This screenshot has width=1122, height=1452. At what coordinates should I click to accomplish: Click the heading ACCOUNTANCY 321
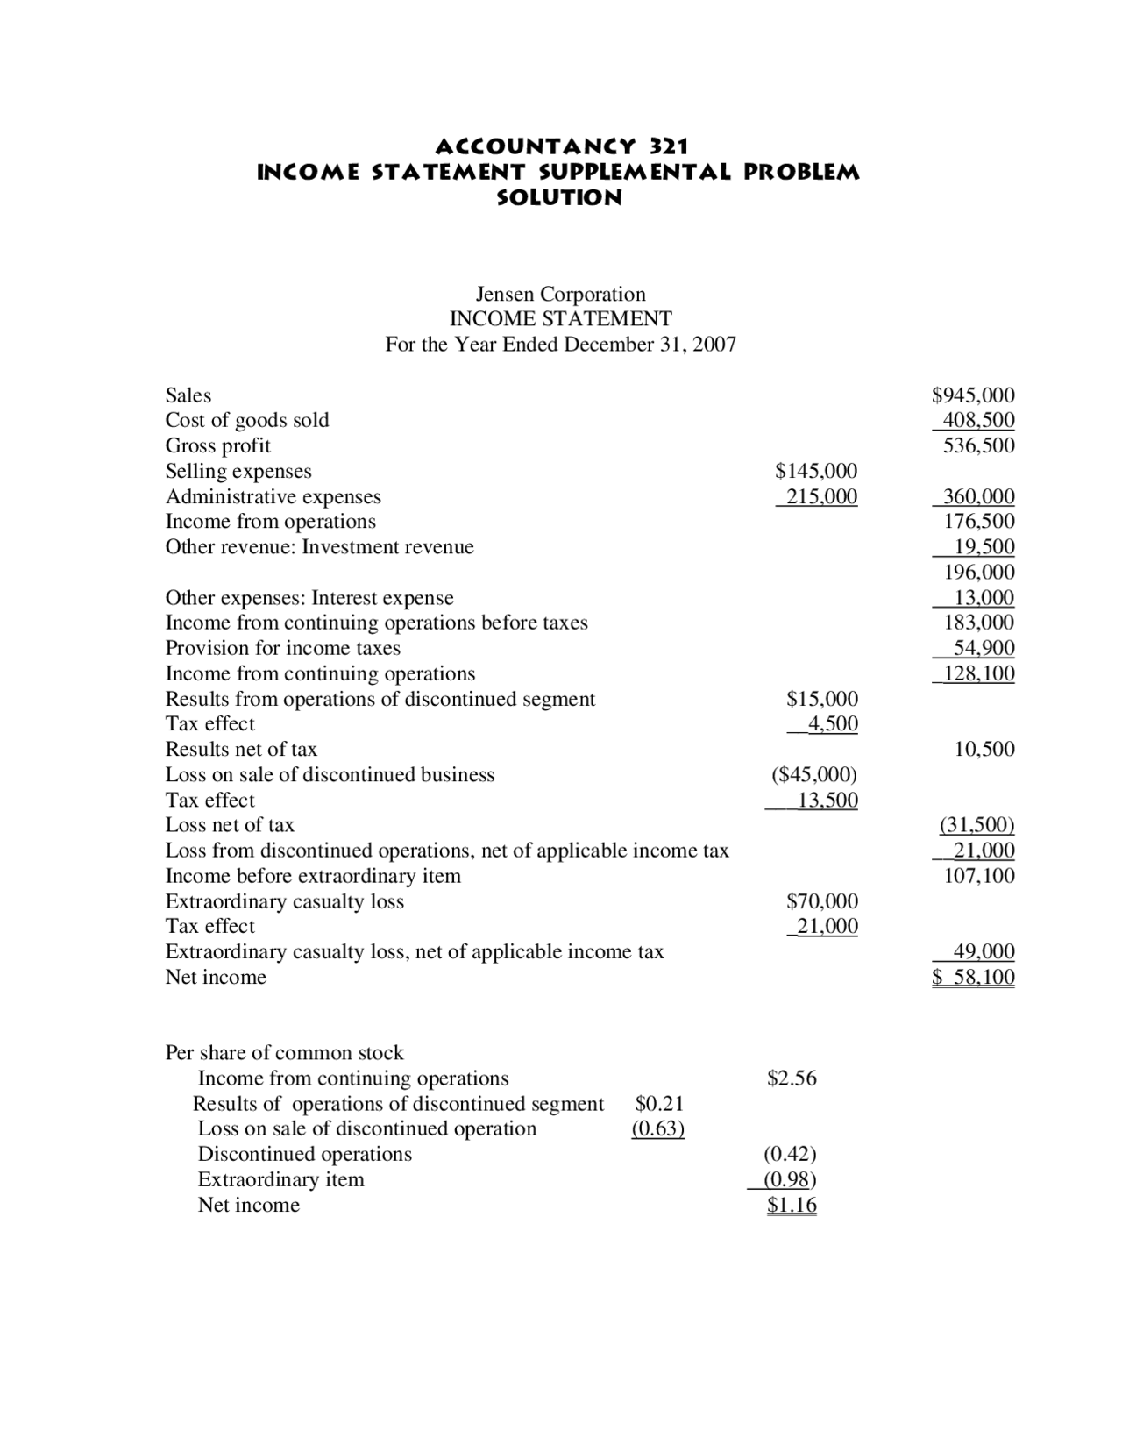[561, 145]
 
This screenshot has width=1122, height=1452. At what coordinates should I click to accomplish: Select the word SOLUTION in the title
[559, 197]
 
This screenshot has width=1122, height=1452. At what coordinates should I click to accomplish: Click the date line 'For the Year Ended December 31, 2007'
[560, 345]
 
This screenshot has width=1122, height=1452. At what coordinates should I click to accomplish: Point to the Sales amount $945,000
[973, 395]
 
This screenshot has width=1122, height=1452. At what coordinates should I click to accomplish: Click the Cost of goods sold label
[247, 421]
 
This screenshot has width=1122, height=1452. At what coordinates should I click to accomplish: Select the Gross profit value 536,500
[978, 445]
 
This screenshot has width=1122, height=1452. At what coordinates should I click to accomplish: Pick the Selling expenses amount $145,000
[816, 472]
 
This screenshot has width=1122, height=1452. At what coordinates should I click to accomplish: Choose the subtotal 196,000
[978, 573]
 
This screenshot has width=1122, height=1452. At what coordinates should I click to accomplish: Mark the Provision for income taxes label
[282, 649]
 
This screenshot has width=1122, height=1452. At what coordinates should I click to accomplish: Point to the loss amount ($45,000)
[814, 775]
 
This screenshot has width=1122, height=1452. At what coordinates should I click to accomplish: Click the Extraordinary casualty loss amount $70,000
[821, 901]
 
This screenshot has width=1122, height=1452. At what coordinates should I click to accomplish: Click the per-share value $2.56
[792, 1078]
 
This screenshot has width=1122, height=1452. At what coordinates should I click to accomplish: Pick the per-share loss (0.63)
[658, 1129]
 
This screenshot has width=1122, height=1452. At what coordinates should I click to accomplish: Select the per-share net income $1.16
[792, 1206]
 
